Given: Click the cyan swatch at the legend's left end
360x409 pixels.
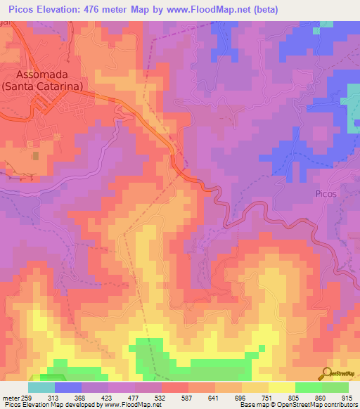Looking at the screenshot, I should click(41, 387).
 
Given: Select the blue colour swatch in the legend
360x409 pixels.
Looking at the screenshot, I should click(68, 387).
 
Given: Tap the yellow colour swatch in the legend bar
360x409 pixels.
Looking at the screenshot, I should click(281, 387).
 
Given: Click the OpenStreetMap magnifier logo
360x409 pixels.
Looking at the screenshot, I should click(328, 373).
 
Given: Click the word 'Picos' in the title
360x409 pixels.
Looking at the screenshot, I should click(22, 9).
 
